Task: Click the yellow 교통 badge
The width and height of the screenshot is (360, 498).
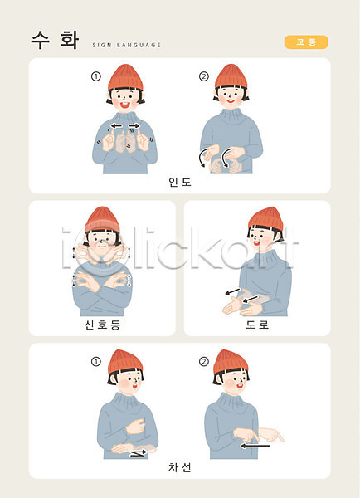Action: point(306,42)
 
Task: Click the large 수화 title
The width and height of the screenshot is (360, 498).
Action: point(55,41)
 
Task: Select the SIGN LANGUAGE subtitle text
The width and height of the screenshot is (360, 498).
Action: point(127,45)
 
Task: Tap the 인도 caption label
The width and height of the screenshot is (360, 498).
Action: point(180,182)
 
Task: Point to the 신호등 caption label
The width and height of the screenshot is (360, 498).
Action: point(102,325)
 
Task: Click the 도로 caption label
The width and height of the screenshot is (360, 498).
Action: point(257,325)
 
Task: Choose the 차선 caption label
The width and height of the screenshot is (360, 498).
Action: point(180,467)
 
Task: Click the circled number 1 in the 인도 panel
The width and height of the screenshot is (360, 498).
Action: point(96,76)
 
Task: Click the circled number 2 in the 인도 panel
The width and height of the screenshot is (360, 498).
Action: point(204,76)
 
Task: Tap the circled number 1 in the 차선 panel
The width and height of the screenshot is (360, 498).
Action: point(96,361)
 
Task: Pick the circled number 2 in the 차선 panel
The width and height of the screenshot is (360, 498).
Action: point(204,361)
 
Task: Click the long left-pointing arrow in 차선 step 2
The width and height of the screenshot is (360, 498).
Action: point(255,446)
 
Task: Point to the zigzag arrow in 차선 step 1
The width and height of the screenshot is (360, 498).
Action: point(139,453)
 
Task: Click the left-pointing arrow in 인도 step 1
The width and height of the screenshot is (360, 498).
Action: point(116,126)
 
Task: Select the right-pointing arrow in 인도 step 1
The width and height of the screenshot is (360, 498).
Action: point(134,126)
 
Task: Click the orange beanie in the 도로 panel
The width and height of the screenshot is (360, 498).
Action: point(266,218)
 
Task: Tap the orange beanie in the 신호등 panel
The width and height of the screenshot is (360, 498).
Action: point(102,219)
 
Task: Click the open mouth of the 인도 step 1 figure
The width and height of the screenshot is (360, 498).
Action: point(124,105)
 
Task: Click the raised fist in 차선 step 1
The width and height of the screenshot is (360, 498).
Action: point(135,427)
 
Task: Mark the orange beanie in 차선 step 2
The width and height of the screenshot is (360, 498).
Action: point(231,362)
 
